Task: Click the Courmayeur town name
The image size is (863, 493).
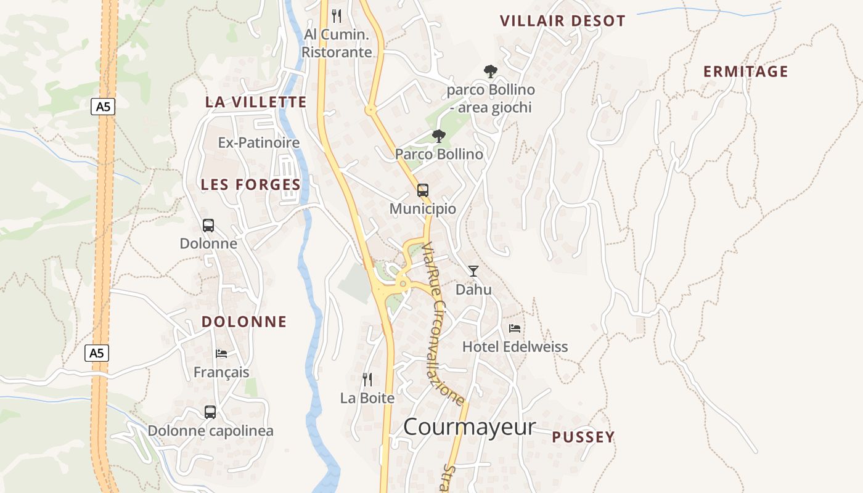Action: [469, 426]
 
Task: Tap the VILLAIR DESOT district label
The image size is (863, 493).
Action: [562, 21]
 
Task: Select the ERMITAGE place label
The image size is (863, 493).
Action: [745, 71]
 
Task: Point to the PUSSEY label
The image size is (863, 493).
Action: [583, 437]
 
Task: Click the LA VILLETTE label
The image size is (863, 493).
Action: [256, 102]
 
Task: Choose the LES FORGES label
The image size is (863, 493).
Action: [251, 184]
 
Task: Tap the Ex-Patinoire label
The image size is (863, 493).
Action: [258, 143]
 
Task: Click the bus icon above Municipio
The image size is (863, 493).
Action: [422, 190]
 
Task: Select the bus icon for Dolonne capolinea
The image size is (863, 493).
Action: [210, 412]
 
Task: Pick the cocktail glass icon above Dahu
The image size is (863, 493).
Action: [473, 271]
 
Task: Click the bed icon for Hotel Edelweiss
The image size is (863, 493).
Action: [515, 328]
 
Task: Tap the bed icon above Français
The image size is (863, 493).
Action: [221, 354]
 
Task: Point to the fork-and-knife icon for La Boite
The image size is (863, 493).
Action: [367, 380]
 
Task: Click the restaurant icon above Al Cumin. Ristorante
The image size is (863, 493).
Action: [337, 15]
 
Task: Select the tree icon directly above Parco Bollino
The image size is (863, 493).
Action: [438, 136]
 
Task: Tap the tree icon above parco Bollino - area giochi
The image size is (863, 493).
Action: [490, 71]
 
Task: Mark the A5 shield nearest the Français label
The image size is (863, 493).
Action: [96, 353]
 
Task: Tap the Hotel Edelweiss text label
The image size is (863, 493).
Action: [515, 347]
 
